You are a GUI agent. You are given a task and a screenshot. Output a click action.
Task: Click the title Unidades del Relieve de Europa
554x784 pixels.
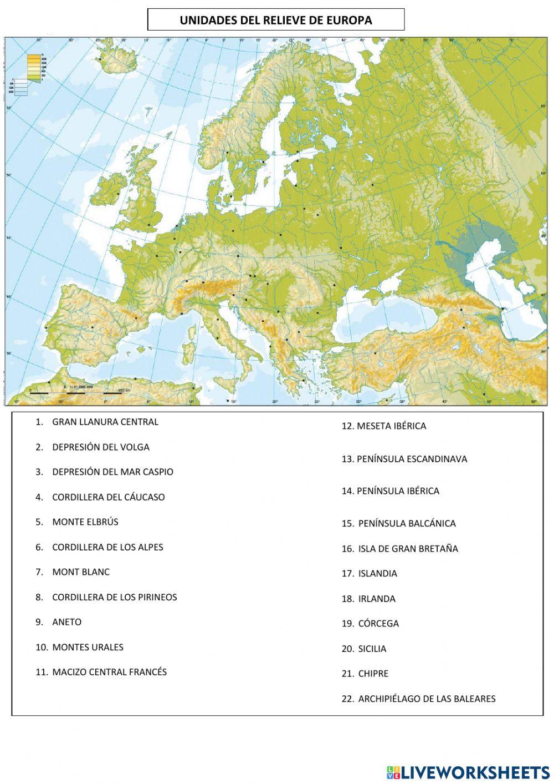(276, 21)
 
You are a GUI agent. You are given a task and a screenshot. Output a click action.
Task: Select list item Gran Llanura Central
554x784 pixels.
(105, 422)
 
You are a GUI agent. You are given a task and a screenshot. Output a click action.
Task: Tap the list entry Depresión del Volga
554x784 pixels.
(100, 447)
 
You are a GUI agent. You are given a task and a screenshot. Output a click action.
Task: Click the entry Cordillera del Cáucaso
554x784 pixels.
(108, 497)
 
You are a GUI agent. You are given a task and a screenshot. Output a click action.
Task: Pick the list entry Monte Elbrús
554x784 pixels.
(85, 522)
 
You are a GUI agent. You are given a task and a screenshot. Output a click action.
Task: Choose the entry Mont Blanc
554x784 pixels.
(81, 571)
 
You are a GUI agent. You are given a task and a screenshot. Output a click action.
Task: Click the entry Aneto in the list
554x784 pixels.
(66, 622)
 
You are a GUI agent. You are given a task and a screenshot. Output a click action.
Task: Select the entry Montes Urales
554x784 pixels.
(88, 647)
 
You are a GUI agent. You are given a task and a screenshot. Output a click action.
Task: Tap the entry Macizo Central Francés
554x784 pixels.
(109, 672)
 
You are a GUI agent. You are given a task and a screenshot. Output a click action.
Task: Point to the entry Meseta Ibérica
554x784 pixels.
(391, 426)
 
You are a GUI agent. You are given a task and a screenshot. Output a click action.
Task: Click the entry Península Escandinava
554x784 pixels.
(412, 459)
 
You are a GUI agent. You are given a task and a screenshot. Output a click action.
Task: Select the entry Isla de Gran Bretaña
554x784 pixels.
(408, 549)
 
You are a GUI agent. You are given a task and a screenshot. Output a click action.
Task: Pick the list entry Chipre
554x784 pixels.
(373, 674)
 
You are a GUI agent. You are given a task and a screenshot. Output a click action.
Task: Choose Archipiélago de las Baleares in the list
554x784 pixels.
(427, 699)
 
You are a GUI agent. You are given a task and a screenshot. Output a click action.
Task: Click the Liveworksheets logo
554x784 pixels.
(468, 772)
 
